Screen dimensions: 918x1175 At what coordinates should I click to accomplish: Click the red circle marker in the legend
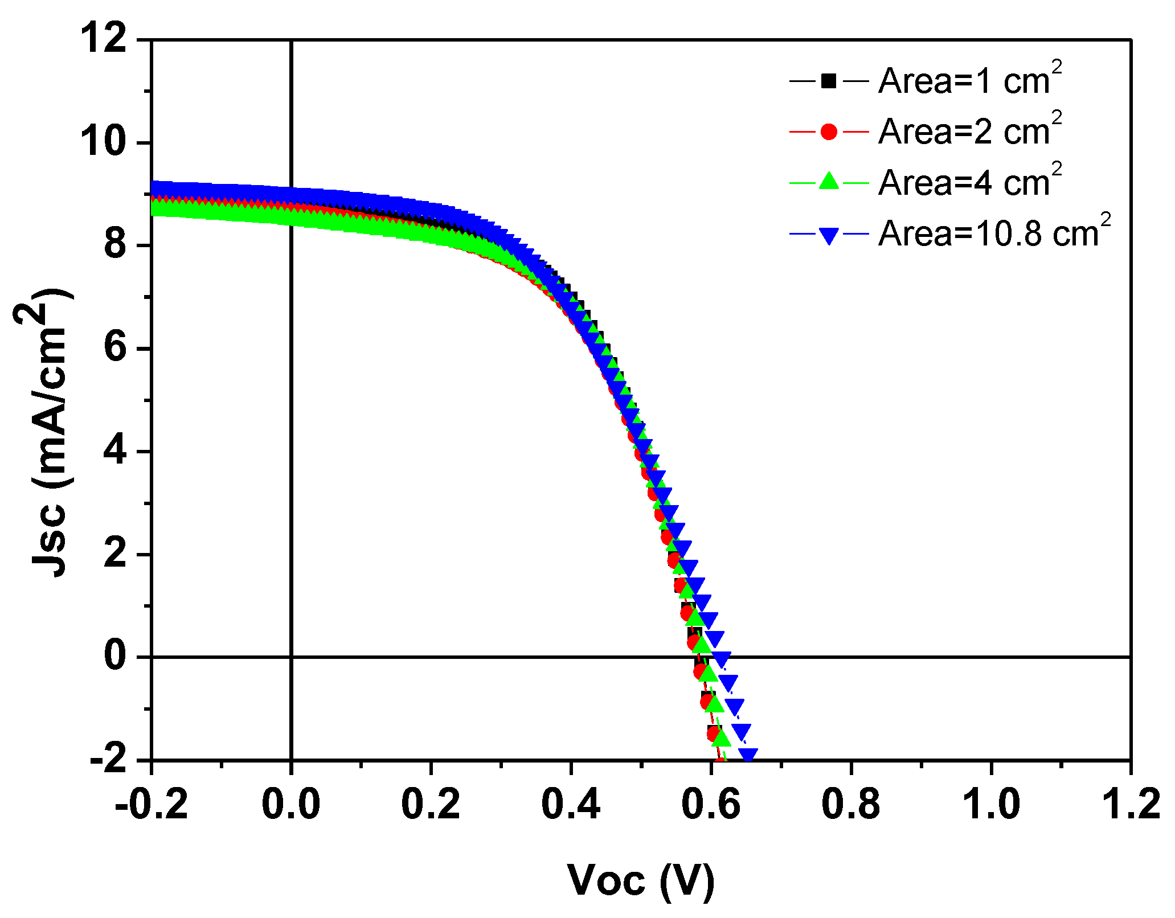coord(829,132)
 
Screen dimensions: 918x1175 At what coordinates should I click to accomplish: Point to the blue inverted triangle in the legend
coord(829,235)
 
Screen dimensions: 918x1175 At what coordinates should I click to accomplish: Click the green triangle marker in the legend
coord(829,182)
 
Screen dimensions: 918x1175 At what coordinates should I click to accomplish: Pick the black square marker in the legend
coord(829,81)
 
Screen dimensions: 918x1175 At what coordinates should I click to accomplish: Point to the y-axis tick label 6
coord(116,349)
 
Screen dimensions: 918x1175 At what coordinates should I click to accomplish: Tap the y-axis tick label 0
coord(116,657)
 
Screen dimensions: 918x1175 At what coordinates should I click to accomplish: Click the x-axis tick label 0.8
coord(851,805)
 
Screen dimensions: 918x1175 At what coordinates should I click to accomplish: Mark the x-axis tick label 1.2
coord(1131,805)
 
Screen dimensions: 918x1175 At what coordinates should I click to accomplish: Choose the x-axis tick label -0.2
coord(151,805)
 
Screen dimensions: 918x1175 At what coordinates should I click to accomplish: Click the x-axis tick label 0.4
coord(571,805)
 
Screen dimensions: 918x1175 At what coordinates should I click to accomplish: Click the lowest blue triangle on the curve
coord(748,756)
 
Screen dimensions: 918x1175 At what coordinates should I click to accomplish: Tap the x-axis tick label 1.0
coord(991,805)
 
